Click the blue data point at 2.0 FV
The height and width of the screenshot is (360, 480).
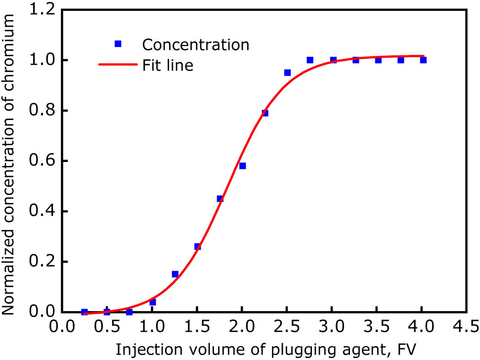[242, 166]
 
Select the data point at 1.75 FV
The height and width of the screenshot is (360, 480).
[220, 199]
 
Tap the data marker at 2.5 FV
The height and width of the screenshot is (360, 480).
[287, 73]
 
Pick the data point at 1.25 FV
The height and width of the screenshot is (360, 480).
[175, 274]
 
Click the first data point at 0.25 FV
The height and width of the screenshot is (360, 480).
[85, 312]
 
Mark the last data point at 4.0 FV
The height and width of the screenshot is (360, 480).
[423, 60]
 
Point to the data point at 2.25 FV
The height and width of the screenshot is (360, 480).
[265, 113]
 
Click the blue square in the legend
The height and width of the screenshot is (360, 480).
[118, 44]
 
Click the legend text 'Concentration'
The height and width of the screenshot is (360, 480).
[196, 44]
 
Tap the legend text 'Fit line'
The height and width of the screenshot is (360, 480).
[168, 65]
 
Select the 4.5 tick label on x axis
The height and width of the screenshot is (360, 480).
[466, 326]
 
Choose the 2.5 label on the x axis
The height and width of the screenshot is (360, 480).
[287, 326]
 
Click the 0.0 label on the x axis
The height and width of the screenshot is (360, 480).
[62, 326]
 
